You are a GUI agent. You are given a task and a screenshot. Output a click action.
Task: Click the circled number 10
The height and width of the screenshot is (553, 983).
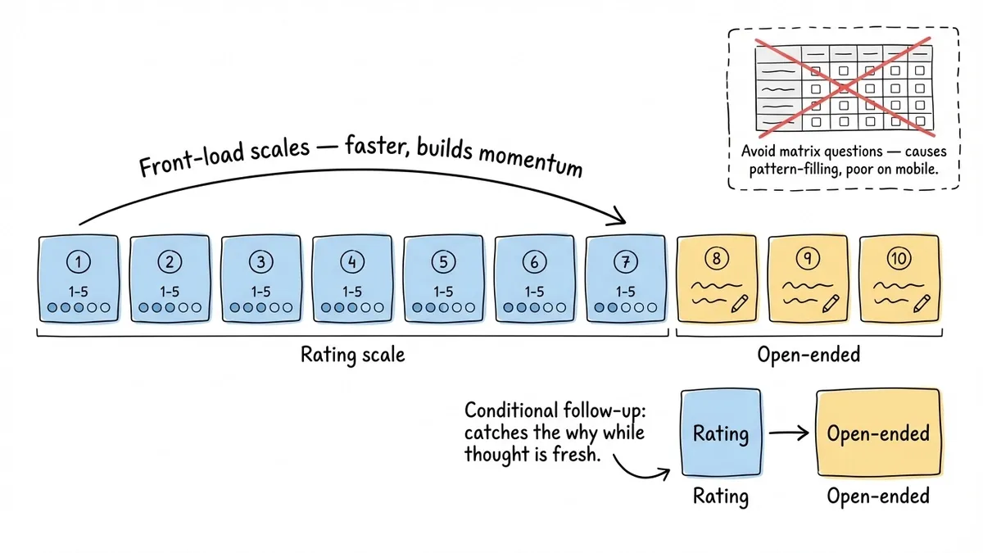coord(899,259)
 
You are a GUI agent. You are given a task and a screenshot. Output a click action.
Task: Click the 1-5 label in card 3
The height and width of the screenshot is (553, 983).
coord(260,291)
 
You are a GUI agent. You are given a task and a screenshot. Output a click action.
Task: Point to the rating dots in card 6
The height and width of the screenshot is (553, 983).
coord(534,308)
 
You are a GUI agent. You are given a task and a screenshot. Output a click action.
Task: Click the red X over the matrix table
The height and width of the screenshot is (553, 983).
coord(844,87)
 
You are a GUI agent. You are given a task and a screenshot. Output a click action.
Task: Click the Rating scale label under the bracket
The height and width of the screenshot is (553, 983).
coord(352,355)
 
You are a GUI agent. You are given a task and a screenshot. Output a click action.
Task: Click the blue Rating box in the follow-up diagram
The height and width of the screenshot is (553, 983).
coord(721,433)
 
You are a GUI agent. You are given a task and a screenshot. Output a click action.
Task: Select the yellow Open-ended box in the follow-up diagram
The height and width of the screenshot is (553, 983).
coord(878,433)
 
